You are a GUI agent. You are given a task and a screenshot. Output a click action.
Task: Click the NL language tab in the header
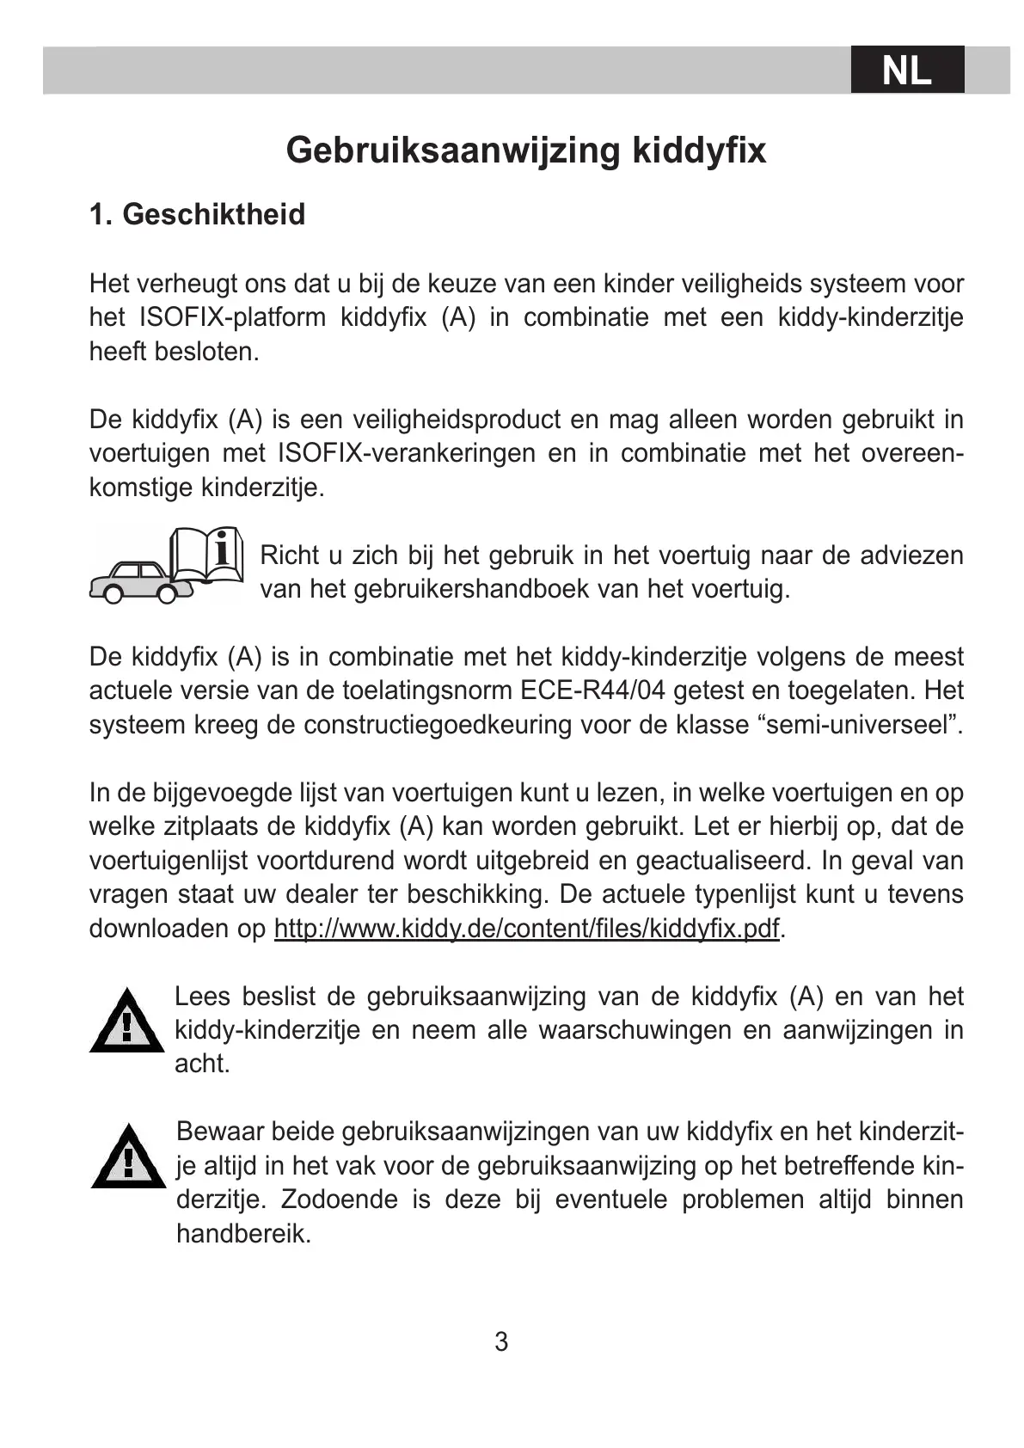907,70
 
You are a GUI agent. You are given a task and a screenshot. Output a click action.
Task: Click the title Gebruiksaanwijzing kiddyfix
525,150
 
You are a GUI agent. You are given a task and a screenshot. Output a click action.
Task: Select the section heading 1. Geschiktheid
197,214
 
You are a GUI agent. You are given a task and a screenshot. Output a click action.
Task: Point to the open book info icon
207,555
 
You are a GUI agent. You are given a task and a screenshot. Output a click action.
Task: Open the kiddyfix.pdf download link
526,929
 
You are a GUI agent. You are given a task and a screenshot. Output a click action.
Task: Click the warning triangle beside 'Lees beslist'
126,1022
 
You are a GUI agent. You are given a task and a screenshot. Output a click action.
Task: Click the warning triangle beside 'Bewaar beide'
128,1158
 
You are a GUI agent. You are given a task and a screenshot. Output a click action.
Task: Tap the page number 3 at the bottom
501,1341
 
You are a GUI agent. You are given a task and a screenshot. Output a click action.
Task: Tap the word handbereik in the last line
243,1234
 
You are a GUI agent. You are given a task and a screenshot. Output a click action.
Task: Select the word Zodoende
340,1200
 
